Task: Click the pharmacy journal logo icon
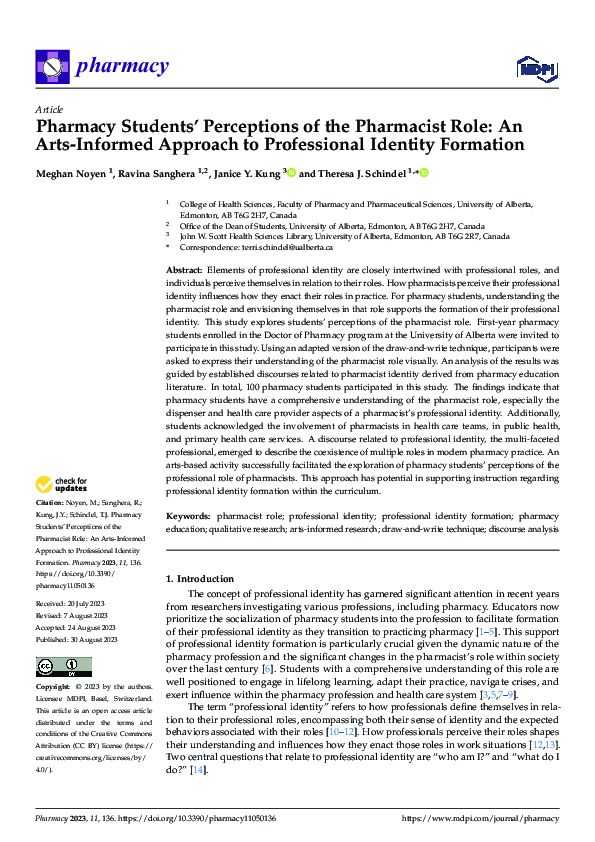tap(51, 67)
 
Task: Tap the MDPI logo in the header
tap(536, 67)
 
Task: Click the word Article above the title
tap(49, 109)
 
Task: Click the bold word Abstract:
tap(184, 271)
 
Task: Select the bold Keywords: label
tap(190, 516)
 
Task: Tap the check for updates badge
tap(62, 486)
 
